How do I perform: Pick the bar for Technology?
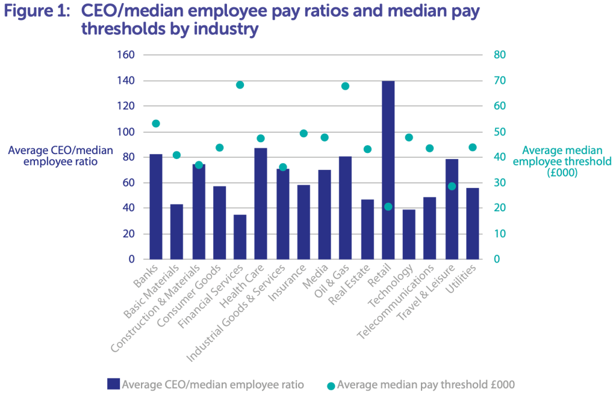pyautogui.click(x=409, y=234)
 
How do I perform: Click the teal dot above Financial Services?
pyautogui.click(x=240, y=85)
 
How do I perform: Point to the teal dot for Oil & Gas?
pyautogui.click(x=345, y=86)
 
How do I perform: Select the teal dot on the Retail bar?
pyautogui.click(x=388, y=207)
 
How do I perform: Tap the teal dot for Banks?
pyautogui.click(x=156, y=123)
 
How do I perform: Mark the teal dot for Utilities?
pyautogui.click(x=472, y=148)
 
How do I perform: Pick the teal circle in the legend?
pyautogui.click(x=331, y=385)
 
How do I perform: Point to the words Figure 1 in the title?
pyautogui.click(x=37, y=13)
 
